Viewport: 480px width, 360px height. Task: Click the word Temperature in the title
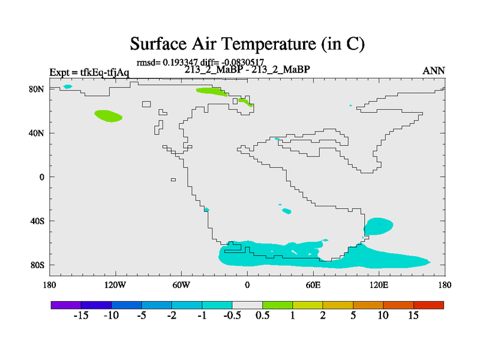pos(268,44)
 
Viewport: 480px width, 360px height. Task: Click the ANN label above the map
pos(433,71)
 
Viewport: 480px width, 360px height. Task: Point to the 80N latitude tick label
pos(37,89)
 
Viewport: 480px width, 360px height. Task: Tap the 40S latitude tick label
pos(37,221)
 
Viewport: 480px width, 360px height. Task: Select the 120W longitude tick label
pos(115,286)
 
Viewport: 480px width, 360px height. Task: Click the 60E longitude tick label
pos(313,286)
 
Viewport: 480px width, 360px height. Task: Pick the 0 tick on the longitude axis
pos(247,286)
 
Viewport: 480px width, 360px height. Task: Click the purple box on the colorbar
pos(66,305)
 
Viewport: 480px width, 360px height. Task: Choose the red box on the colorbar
pos(428,305)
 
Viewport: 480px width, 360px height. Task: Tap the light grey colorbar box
pos(247,305)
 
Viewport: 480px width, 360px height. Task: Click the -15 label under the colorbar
pos(81,315)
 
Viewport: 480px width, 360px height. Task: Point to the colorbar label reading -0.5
pos(232,315)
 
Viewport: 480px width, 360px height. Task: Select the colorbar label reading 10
pos(383,315)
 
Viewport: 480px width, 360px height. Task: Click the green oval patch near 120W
pos(108,116)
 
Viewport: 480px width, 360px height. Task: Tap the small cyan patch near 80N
pos(68,86)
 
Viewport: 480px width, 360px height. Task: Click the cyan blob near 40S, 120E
pos(379,227)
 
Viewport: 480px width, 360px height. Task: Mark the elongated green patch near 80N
pos(212,92)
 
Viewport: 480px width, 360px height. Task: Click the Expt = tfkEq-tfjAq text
pos(89,73)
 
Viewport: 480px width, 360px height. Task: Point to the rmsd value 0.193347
pos(181,62)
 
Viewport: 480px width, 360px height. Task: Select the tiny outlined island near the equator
pos(173,179)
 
